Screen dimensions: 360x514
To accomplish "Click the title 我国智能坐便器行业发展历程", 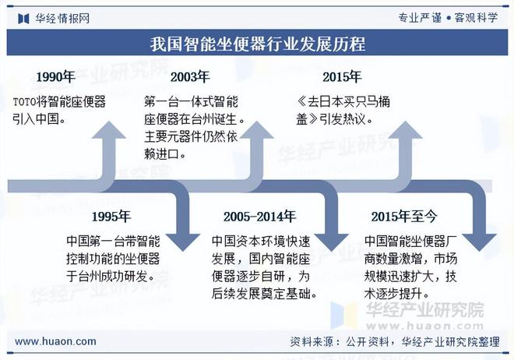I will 257,43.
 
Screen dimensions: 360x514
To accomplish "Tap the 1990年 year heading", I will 56,76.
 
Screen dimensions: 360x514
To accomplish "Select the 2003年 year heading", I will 190,76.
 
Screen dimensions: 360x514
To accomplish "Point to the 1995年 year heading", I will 111,216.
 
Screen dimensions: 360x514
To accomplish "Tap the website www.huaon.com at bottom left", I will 56,341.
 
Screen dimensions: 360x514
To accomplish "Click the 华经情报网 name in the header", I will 62,17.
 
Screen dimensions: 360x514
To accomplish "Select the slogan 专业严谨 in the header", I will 420,17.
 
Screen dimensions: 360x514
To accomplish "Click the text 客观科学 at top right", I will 477,17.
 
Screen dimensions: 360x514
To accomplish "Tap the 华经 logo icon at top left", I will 23,17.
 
